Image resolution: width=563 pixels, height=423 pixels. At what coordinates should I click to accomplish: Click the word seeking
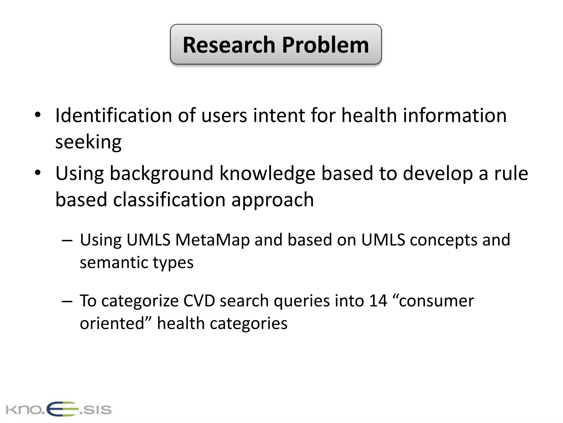coord(88,142)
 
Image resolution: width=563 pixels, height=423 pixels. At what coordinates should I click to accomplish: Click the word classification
coord(169,200)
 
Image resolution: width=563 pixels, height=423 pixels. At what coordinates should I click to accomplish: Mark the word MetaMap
coord(212,240)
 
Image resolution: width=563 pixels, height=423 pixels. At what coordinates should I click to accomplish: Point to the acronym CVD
coord(199,301)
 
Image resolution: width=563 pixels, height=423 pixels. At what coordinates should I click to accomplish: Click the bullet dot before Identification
coord(38,115)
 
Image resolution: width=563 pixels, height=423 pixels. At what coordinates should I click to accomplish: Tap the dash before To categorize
coord(67,301)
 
